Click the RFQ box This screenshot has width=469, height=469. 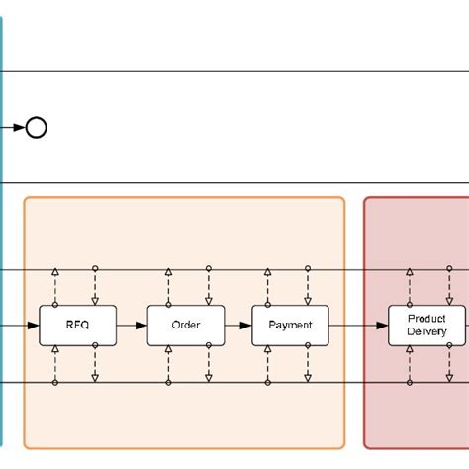77,326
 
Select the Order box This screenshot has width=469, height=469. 185,326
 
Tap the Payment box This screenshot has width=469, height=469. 290,326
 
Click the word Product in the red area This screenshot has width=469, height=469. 426,319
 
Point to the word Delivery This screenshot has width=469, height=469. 426,332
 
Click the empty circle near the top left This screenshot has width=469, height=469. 37,127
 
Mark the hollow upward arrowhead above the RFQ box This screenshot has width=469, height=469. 56,272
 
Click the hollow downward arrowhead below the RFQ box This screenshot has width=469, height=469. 95,378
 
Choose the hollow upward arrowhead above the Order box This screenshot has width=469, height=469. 168,272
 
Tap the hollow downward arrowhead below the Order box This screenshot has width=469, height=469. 207,378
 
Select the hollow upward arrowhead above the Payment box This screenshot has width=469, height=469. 268,272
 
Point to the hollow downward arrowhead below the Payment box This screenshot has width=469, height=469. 307,378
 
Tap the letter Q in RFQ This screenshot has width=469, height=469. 85,326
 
